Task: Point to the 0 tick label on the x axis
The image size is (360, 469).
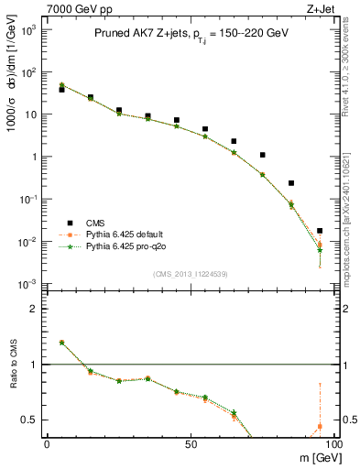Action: (x=47, y=444)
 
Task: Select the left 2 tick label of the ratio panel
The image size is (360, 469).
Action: (x=32, y=309)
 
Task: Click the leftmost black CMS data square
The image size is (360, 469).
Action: (x=61, y=90)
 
